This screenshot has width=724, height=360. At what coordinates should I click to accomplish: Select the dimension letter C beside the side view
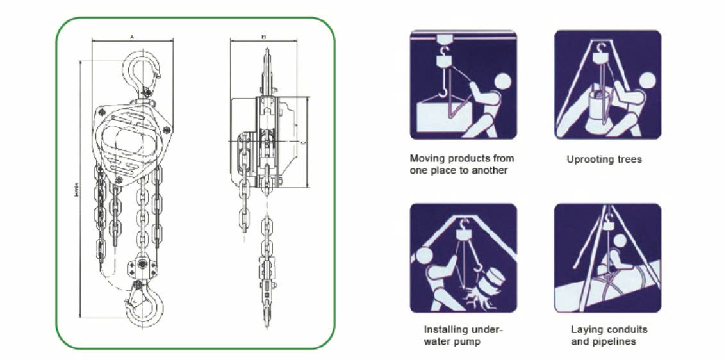300,142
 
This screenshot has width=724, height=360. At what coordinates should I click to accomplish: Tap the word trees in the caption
629,159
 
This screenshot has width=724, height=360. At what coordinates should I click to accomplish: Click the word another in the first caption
490,170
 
